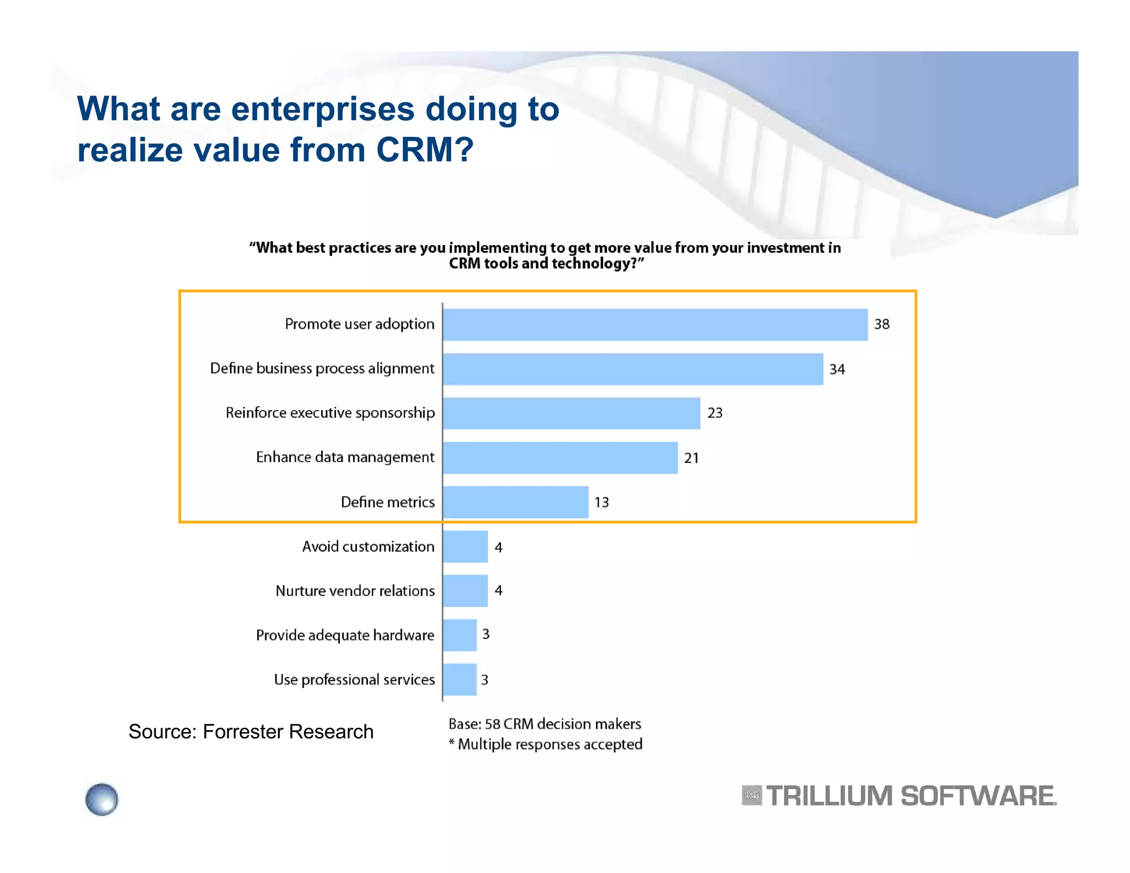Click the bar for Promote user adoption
tap(655, 324)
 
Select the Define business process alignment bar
tap(633, 369)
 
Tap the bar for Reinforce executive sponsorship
tap(571, 413)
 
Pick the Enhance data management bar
tap(560, 457)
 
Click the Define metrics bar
tap(515, 502)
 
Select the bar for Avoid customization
tap(465, 546)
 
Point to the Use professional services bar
tap(460, 679)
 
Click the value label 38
tap(881, 324)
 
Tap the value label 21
tap(691, 458)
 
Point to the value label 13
tap(601, 502)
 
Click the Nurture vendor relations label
tap(355, 591)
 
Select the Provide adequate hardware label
tap(345, 635)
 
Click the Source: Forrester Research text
tap(251, 732)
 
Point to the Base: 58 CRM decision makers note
tap(545, 724)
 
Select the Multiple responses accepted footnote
tap(546, 744)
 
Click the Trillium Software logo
tap(899, 796)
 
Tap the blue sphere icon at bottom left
tap(102, 799)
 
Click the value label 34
tap(836, 369)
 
